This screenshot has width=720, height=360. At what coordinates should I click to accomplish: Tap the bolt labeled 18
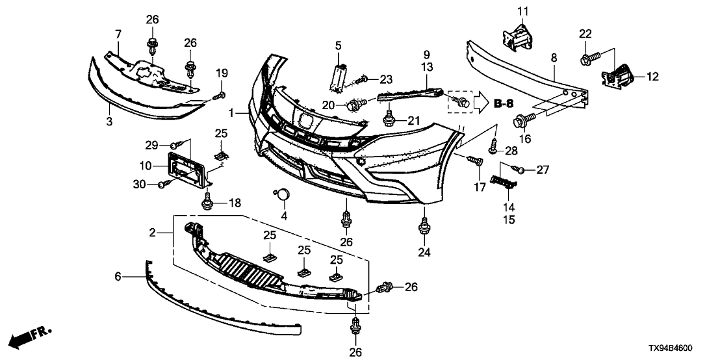coord(209,203)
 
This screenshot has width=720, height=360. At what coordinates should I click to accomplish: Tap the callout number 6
coord(118,276)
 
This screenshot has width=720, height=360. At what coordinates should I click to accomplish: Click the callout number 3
coord(109,122)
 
